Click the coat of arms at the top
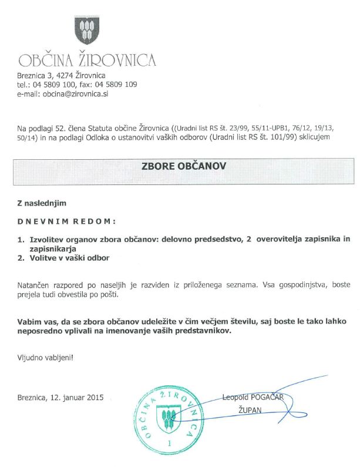click(x=86, y=32)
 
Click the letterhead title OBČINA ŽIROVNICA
click(x=87, y=60)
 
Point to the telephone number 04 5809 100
click(x=60, y=85)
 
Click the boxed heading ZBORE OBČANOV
click(x=184, y=166)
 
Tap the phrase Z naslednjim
click(x=42, y=203)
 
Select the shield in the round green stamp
click(x=169, y=418)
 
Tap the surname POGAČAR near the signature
click(x=267, y=397)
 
